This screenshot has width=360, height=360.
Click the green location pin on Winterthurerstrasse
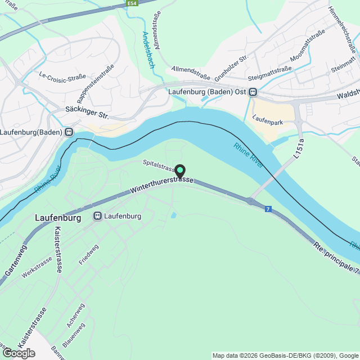coord(180,170)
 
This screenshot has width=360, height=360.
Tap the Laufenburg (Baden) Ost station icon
coord(254,92)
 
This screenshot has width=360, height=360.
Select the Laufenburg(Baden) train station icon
coord(68,132)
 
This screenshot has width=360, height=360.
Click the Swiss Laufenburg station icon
coord(97,216)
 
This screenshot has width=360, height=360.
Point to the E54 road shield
coord(132,3)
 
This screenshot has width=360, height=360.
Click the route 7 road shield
coord(268,209)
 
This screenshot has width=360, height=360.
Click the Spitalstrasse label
coord(160,166)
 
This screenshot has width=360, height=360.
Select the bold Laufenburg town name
coord(58,217)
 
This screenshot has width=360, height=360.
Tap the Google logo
coord(18,353)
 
